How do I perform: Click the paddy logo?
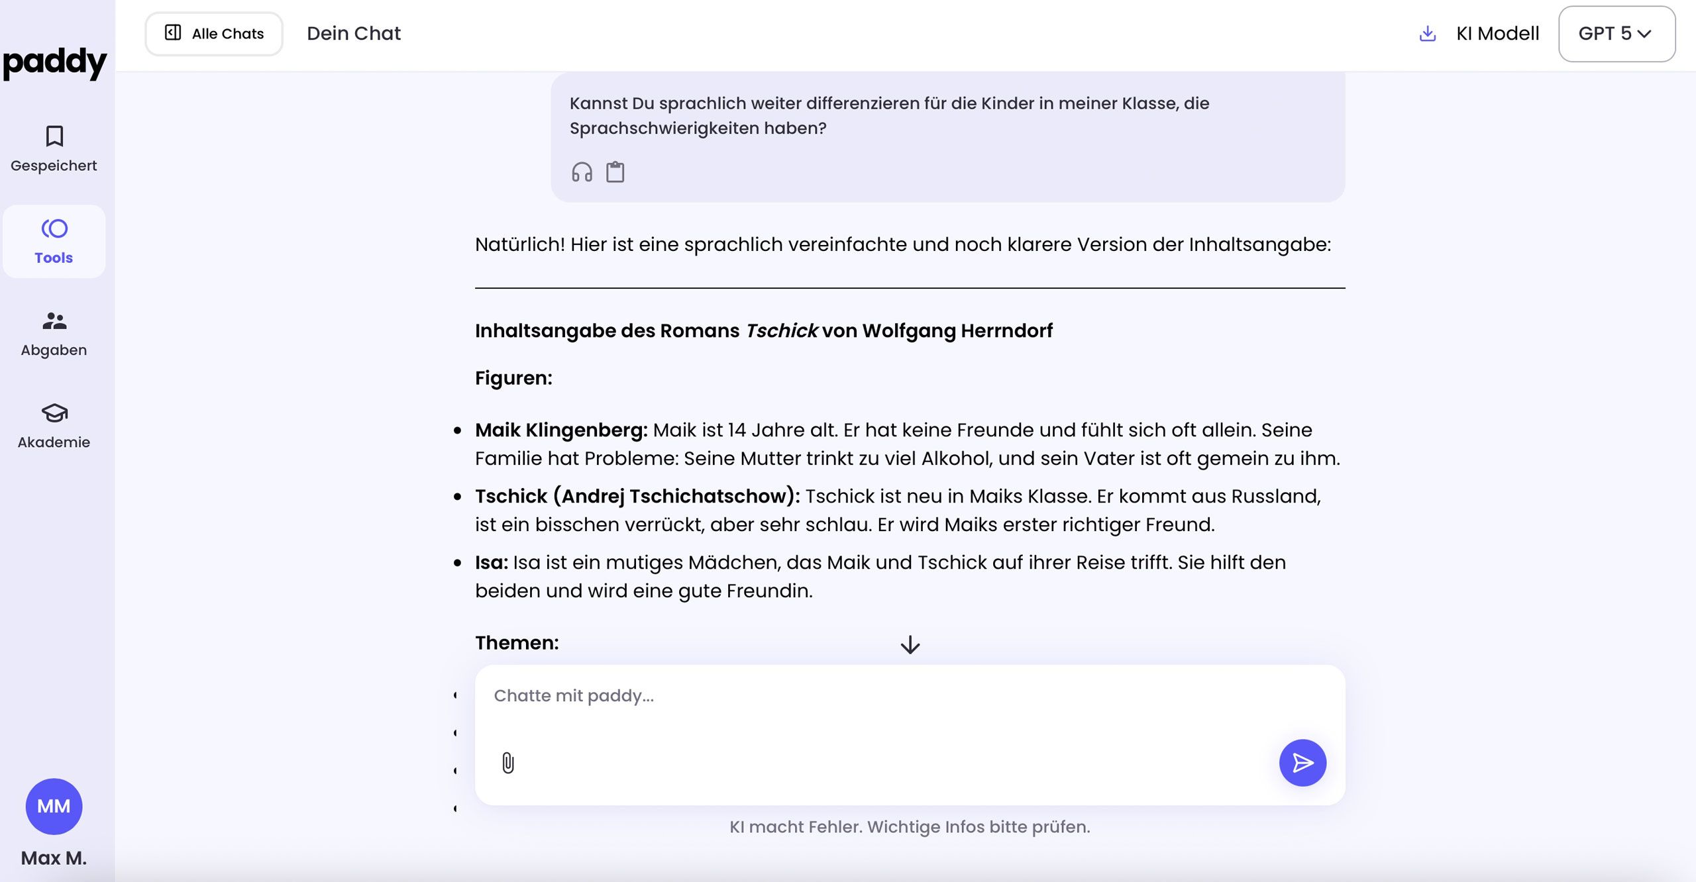54,63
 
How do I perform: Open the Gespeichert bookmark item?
54,149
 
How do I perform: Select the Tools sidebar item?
54,242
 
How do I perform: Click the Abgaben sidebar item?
54,334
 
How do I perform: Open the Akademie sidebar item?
54,426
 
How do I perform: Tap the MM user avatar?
54,806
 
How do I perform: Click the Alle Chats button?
214,34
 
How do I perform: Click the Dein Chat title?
354,34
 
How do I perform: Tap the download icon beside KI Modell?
1428,34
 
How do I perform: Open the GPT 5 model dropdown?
1616,34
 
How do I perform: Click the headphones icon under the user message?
582,172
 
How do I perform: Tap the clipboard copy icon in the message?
615,172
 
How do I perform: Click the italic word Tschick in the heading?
781,330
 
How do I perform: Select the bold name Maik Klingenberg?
561,430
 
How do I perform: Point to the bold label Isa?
491,562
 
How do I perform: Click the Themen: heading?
517,642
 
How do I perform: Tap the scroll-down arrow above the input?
910,644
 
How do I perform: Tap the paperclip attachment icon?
508,763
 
